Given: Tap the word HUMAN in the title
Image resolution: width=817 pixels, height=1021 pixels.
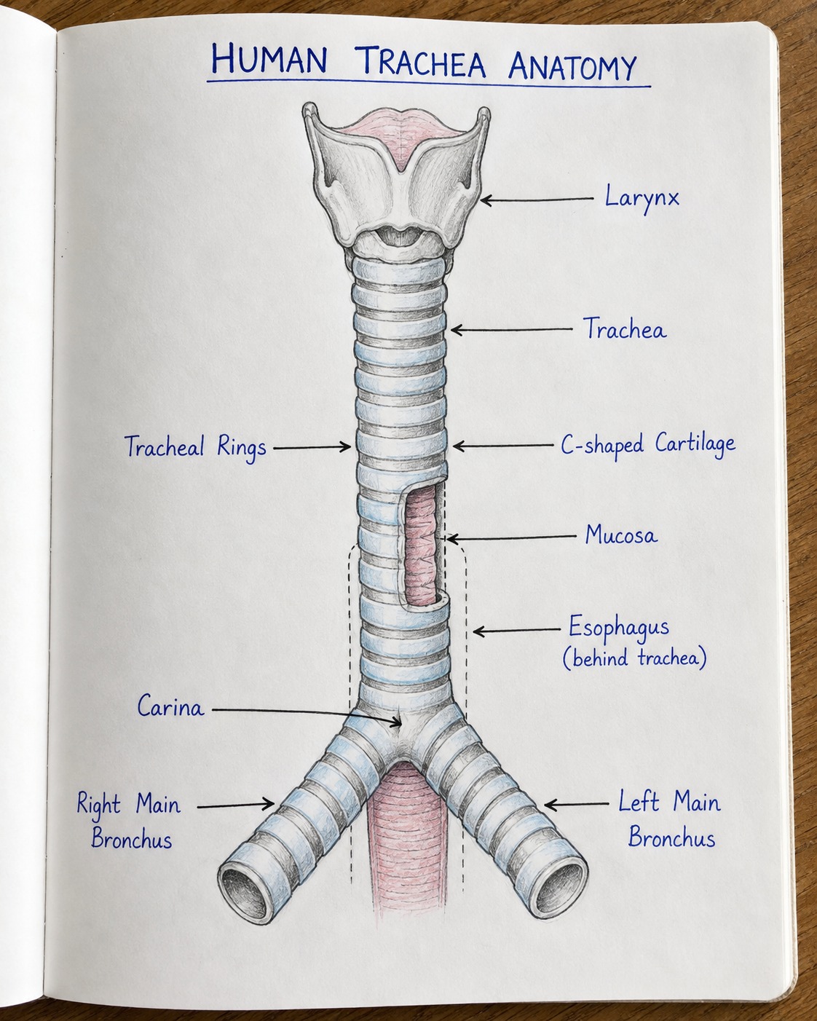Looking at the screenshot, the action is click(x=269, y=59).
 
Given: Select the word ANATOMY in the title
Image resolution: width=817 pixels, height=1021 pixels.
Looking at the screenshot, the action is click(x=572, y=66).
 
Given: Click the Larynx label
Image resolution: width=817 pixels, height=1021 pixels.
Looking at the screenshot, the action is click(x=642, y=198).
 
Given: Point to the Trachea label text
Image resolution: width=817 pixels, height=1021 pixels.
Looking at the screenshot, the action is click(x=624, y=328).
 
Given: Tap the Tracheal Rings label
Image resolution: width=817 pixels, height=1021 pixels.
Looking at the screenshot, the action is click(x=195, y=448).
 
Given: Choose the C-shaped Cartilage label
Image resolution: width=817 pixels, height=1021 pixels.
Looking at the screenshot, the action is click(x=647, y=445).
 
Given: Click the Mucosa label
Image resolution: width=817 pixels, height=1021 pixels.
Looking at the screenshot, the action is click(x=621, y=535).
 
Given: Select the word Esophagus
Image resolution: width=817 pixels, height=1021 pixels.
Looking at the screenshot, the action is click(x=619, y=627).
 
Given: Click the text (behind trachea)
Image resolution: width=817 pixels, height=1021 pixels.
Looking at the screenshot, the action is click(x=634, y=658).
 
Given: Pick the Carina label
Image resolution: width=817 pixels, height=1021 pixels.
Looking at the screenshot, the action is click(x=171, y=706).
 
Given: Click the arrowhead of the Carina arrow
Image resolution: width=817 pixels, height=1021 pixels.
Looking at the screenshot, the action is click(x=397, y=722).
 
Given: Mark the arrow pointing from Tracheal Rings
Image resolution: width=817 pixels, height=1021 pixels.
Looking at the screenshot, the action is click(x=312, y=447).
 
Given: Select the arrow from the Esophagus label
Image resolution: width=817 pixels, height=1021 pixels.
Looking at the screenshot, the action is click(x=517, y=631).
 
